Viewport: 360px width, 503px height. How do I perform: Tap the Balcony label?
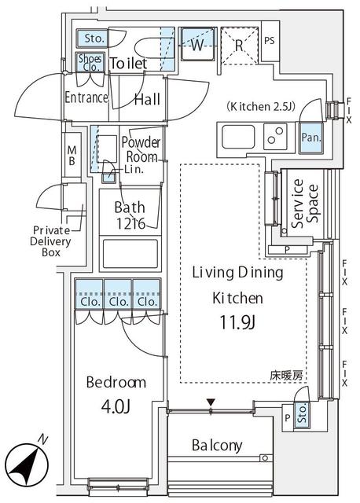pyautogui.click(x=216, y=446)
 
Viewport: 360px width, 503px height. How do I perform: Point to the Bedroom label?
pyautogui.click(x=116, y=383)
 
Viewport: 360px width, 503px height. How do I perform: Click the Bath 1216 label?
pyautogui.click(x=129, y=215)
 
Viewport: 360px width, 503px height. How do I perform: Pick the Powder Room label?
pyautogui.click(x=141, y=149)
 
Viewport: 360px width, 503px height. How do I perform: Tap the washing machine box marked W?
pyautogui.click(x=197, y=45)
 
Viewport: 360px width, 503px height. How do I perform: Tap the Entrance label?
pyautogui.click(x=86, y=98)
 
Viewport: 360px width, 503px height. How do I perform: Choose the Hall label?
pyautogui.click(x=146, y=99)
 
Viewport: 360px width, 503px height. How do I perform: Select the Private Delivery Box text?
pyautogui.click(x=51, y=241)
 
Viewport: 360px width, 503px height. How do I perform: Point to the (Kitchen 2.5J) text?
pyautogui.click(x=261, y=106)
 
